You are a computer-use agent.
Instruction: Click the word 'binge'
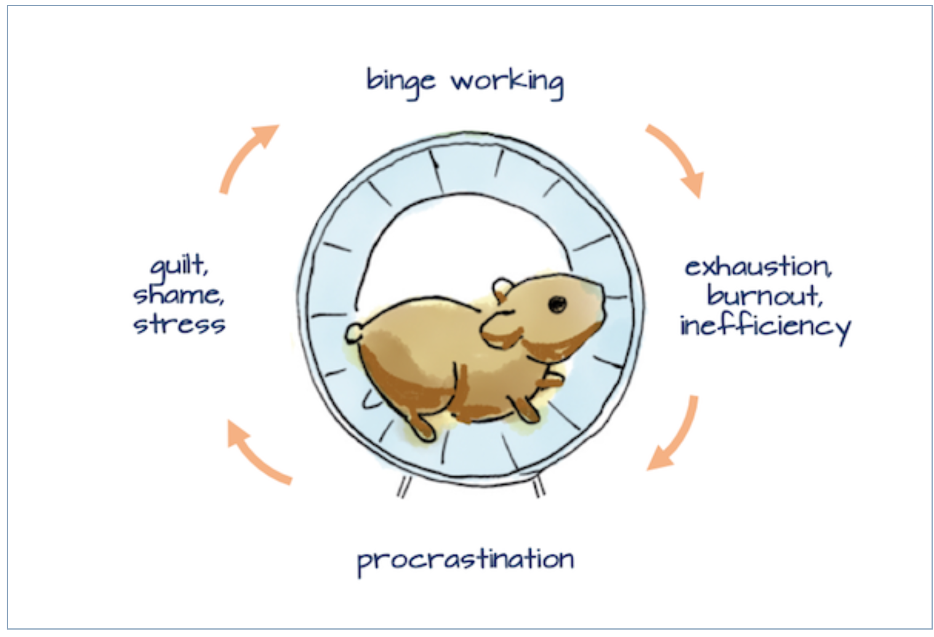(x=401, y=82)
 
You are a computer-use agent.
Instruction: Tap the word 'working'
(x=507, y=82)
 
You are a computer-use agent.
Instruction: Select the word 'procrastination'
(x=465, y=559)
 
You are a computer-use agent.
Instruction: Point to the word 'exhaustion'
(x=758, y=267)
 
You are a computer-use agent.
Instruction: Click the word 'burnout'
(x=763, y=296)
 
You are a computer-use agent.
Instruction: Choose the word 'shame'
(x=179, y=295)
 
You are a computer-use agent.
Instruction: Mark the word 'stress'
(x=179, y=324)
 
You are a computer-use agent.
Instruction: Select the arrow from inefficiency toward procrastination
(x=675, y=435)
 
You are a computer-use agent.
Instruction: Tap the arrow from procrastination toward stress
(x=256, y=452)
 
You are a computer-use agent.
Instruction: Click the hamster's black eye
(x=557, y=303)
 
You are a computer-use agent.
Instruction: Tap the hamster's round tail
(x=354, y=333)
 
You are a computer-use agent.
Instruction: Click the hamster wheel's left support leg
(x=403, y=487)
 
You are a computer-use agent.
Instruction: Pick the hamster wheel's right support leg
(x=539, y=486)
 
